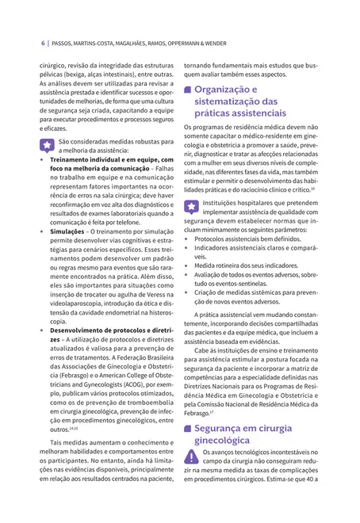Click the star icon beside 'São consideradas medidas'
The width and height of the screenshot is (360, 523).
47,146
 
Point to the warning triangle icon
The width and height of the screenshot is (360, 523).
193,456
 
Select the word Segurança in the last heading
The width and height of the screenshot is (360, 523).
222,428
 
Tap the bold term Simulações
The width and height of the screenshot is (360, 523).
68,231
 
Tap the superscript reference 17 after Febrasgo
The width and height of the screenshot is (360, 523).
212,411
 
